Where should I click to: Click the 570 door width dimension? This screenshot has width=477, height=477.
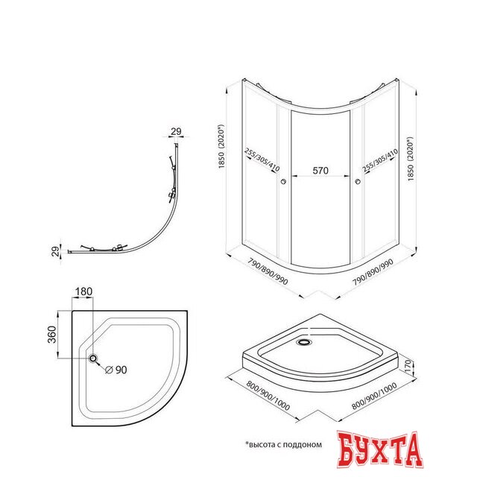(320, 171)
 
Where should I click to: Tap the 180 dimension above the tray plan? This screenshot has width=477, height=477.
(83, 291)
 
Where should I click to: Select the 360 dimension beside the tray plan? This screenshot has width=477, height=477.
(52, 335)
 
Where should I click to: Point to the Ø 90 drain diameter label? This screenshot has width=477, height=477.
(116, 370)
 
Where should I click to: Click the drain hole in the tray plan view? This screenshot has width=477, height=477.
(93, 358)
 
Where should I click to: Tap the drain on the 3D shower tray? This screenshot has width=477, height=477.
(303, 342)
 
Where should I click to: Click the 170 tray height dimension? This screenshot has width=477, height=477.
(408, 367)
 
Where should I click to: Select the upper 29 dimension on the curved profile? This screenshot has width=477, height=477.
(176, 131)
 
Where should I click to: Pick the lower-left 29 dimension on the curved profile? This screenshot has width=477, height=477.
(55, 251)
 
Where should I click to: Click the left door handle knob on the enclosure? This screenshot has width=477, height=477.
(283, 182)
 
